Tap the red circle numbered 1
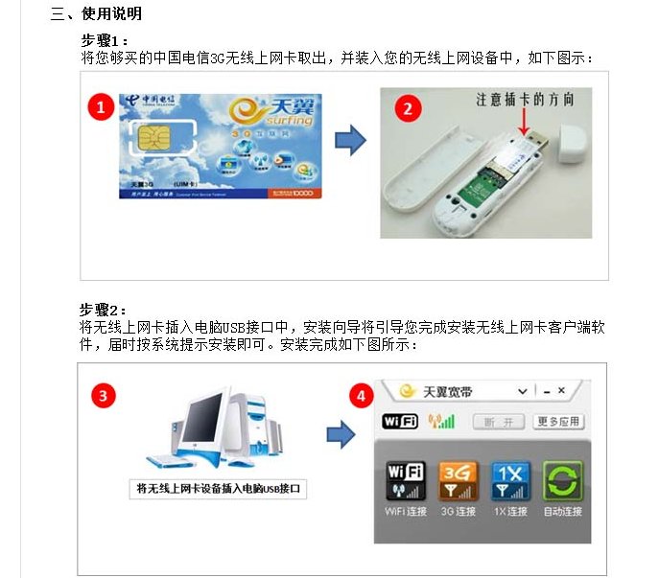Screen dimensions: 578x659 point(103,106)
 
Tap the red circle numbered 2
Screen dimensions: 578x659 point(409,107)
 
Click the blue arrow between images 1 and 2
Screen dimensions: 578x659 point(350,141)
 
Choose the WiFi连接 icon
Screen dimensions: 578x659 point(405,480)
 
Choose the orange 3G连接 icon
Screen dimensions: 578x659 point(458,480)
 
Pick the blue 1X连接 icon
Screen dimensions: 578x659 point(510,480)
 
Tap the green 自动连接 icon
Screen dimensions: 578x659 point(562,480)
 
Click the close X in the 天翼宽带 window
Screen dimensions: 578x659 point(561,391)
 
